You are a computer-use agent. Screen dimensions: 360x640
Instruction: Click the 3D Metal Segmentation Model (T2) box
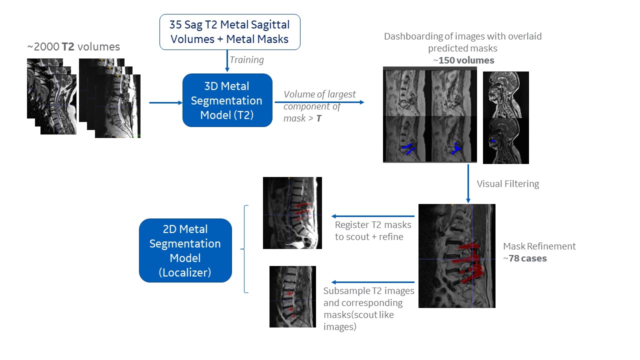tap(227, 100)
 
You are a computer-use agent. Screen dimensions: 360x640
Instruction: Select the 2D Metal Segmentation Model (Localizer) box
tap(185, 250)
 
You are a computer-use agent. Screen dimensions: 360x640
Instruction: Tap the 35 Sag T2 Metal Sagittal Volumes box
tap(230, 31)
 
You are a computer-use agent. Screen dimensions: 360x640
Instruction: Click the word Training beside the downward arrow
tap(246, 60)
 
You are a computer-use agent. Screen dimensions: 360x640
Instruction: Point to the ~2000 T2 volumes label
tap(73, 47)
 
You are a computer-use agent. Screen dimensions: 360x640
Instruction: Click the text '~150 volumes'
tap(463, 60)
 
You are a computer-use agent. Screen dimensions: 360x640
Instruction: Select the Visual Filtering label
tap(507, 184)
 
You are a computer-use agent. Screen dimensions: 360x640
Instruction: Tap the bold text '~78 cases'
tap(524, 258)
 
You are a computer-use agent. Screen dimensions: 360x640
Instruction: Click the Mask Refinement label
tap(539, 246)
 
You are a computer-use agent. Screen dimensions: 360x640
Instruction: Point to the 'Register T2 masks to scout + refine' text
tap(369, 230)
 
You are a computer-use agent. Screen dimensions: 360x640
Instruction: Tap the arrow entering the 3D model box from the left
tap(165, 103)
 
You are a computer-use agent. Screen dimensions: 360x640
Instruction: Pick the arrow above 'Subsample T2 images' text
tap(372, 282)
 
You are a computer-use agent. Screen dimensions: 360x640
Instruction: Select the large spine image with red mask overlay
tap(456, 255)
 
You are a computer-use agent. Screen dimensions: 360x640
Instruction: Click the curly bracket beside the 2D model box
tap(245, 248)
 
